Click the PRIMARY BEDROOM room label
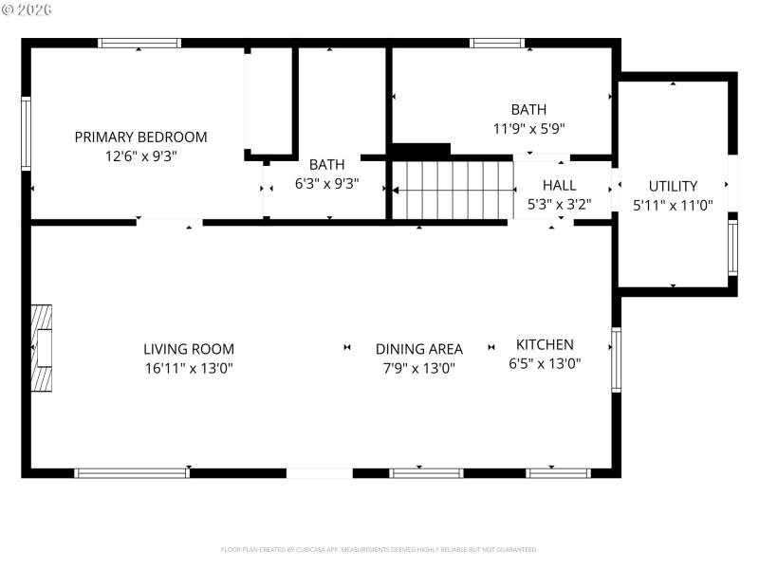(140, 137)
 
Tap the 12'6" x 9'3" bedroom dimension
(140, 156)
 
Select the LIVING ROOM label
(189, 349)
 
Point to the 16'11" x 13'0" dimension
(189, 369)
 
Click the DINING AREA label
(419, 349)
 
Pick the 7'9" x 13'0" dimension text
(419, 369)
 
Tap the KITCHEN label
(545, 344)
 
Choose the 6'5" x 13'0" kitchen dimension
(545, 363)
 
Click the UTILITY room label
(673, 186)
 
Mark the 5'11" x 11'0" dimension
(673, 205)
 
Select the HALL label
(559, 185)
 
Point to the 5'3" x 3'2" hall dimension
(559, 204)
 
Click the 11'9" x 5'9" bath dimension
(528, 129)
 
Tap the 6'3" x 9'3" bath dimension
(326, 184)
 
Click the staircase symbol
(453, 190)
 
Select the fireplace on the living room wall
(42, 348)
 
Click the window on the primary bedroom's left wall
(27, 134)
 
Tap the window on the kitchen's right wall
(616, 359)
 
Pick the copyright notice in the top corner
(28, 9)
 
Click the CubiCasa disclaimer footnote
(379, 549)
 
